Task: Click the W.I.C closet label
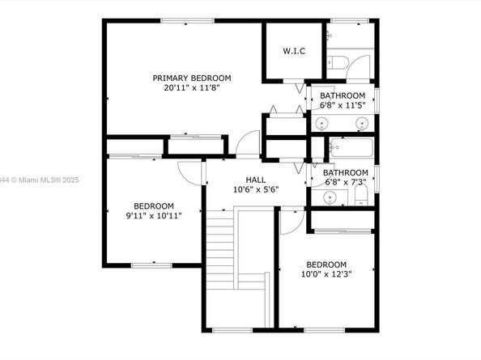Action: click(x=294, y=51)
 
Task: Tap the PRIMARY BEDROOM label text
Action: click(x=192, y=78)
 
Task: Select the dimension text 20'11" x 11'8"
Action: click(x=192, y=88)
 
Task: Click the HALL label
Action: click(x=256, y=180)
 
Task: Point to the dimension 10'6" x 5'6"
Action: click(x=256, y=189)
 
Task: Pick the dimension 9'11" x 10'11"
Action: click(x=154, y=216)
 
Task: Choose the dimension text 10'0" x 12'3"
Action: click(x=326, y=274)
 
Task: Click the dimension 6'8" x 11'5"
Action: click(x=343, y=105)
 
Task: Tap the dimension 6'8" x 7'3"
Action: click(x=346, y=182)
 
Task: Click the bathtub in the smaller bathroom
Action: click(x=351, y=148)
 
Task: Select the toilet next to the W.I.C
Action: click(x=338, y=63)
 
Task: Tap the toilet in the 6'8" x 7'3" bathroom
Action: click(x=361, y=196)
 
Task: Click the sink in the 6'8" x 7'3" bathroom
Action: click(x=330, y=197)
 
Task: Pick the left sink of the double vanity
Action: click(x=321, y=124)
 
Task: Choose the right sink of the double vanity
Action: click(x=362, y=124)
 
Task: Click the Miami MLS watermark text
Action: click(x=40, y=180)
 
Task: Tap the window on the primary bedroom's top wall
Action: click(x=187, y=21)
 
